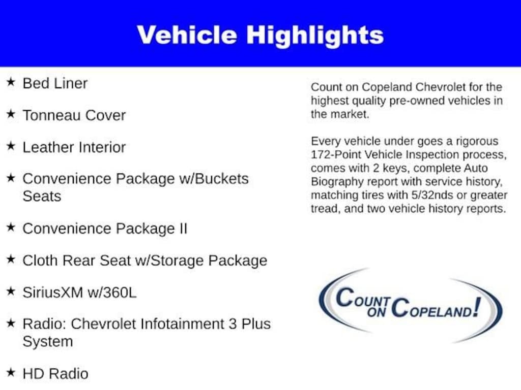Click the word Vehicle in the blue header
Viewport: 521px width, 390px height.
pos(187,35)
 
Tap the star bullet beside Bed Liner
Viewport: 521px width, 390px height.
pos(11,82)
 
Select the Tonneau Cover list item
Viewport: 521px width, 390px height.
pos(74,115)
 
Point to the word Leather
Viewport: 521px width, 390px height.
pos(48,147)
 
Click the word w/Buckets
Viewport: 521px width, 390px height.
pos(214,179)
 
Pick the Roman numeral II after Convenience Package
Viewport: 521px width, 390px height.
pos(183,229)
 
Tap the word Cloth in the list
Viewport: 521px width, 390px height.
pos(40,261)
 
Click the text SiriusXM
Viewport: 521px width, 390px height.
pos(53,292)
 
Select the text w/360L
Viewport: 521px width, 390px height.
pos(112,292)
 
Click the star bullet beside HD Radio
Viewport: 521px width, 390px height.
pos(11,372)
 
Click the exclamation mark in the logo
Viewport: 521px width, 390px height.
pos(477,307)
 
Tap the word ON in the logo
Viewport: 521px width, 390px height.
pos(377,312)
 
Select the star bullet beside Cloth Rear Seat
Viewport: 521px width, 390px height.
pos(11,259)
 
